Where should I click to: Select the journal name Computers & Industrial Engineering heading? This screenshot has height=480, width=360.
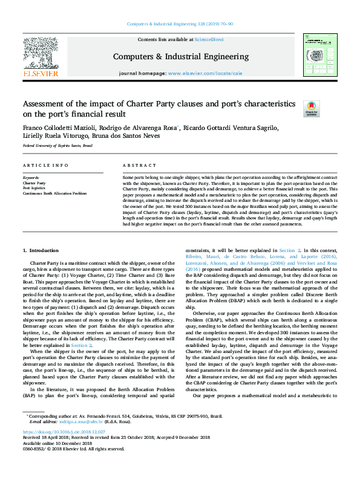click(x=180, y=56)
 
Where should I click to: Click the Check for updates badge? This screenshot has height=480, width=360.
click(x=311, y=108)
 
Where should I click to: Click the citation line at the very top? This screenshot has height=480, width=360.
click(x=180, y=24)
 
